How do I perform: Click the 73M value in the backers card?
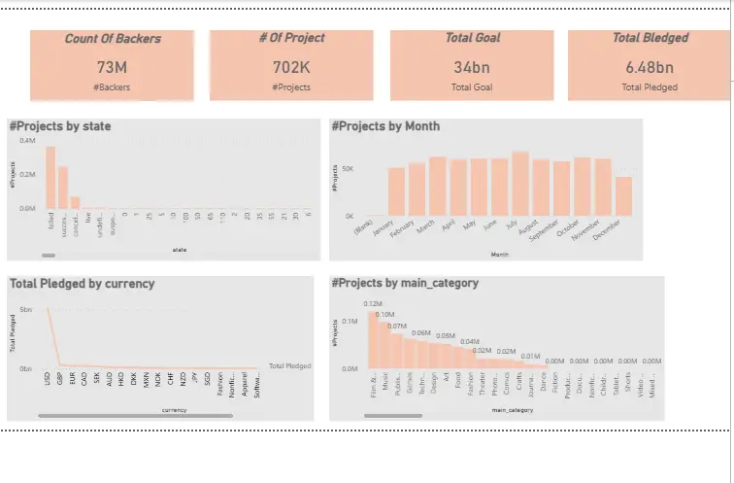(x=112, y=67)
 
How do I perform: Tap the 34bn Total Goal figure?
(x=472, y=67)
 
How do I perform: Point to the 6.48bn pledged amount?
(x=650, y=67)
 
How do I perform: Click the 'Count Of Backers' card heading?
(x=113, y=39)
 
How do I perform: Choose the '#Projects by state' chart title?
(x=59, y=126)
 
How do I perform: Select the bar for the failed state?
(x=50, y=178)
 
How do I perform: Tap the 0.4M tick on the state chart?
(x=27, y=141)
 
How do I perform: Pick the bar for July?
(x=520, y=184)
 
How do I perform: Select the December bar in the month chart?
(x=624, y=195)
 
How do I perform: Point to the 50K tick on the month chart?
(x=349, y=168)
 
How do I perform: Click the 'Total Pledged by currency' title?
(x=82, y=284)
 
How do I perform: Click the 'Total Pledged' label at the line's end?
(x=289, y=365)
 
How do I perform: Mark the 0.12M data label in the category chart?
(x=373, y=304)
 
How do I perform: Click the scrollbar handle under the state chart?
(x=49, y=256)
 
